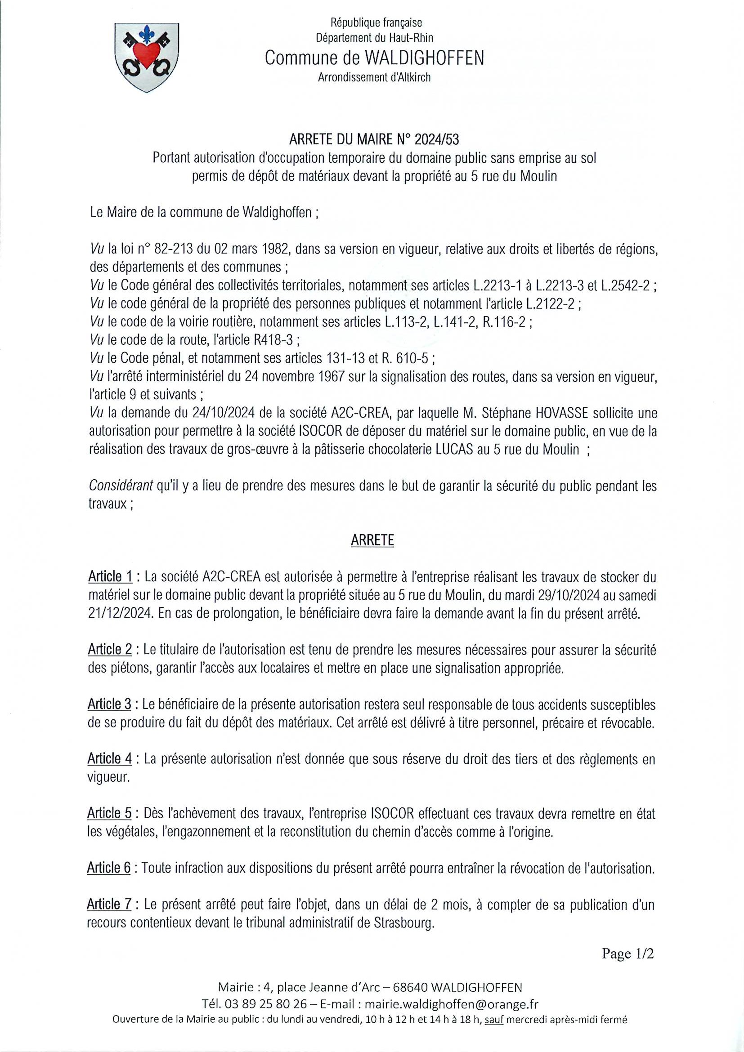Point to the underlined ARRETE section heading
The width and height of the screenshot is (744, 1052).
(372, 541)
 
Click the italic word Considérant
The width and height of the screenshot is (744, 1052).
(121, 486)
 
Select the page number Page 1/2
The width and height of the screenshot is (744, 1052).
(627, 953)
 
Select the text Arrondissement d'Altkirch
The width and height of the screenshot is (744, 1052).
(374, 77)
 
